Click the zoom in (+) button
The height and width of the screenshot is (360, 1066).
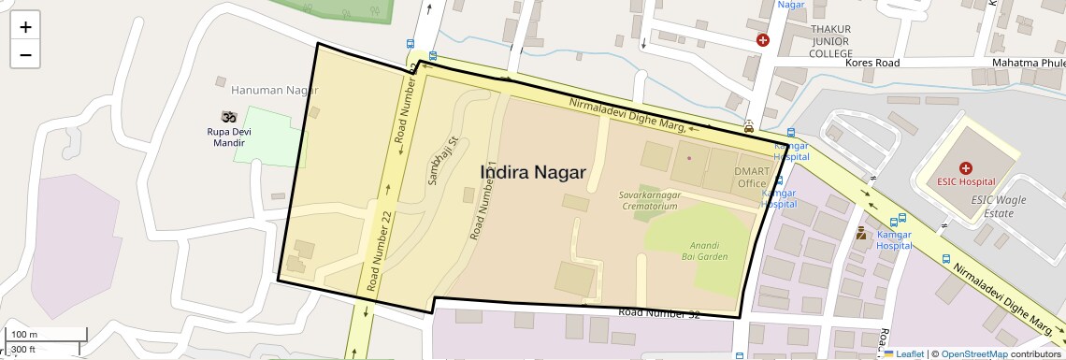(x=25, y=26)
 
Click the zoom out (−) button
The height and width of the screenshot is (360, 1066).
(x=25, y=54)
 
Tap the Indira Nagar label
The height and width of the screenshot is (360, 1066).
(x=533, y=172)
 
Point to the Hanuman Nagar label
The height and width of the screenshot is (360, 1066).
(x=268, y=91)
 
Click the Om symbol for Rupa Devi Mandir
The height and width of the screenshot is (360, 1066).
(x=225, y=117)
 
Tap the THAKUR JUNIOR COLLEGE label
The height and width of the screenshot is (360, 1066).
(x=819, y=41)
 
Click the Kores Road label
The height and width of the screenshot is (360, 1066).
(x=872, y=63)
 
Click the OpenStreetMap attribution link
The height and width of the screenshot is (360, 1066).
(x=973, y=353)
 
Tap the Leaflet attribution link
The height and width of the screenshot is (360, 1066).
(x=905, y=353)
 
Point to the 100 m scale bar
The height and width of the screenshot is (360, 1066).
(x=47, y=335)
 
